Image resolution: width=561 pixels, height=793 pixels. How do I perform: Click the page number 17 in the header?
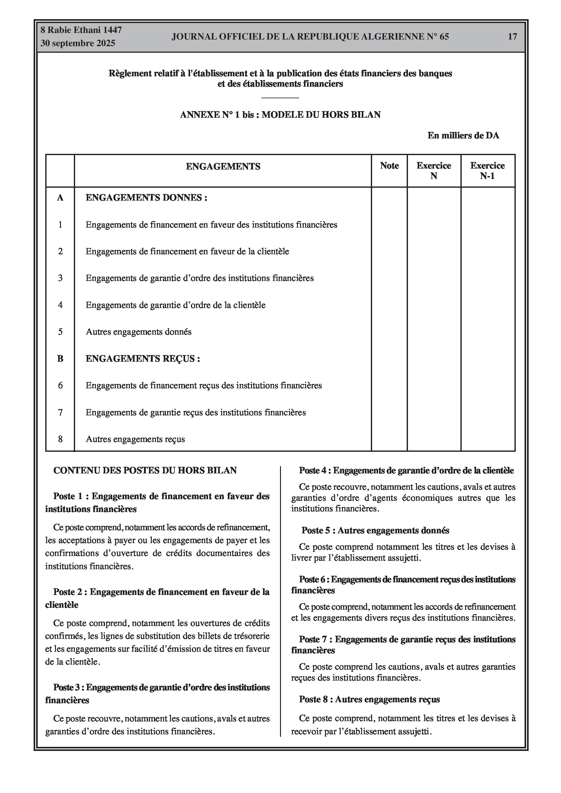512,37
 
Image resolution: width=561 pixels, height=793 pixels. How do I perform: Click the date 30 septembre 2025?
78,44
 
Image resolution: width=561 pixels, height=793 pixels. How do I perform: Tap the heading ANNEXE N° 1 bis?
280,115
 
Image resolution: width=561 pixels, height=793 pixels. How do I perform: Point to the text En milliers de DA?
463,135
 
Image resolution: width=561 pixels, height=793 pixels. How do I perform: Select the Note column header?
389,166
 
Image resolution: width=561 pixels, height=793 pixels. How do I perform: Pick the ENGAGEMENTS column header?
223,166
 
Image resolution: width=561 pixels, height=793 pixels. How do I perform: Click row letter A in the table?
60,198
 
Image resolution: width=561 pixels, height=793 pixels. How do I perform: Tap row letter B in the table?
60,359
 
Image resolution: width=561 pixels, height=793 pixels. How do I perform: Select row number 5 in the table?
60,332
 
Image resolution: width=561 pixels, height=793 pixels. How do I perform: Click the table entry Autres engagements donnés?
138,332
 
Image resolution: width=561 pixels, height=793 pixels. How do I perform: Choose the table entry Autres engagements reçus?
135,439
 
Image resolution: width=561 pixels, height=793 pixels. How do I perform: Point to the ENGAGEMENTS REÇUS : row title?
142,359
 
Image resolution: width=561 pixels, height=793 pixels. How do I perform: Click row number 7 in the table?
60,413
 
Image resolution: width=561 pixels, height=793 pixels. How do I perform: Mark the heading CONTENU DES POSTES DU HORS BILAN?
145,470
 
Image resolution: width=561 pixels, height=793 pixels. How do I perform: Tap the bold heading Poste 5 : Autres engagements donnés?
375,531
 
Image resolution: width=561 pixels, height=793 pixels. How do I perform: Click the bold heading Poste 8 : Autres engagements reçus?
369,700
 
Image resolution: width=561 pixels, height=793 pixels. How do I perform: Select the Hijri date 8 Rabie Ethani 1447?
81,30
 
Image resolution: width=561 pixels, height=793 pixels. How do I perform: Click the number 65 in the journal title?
444,37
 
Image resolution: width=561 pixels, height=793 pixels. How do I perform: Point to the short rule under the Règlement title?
280,98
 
